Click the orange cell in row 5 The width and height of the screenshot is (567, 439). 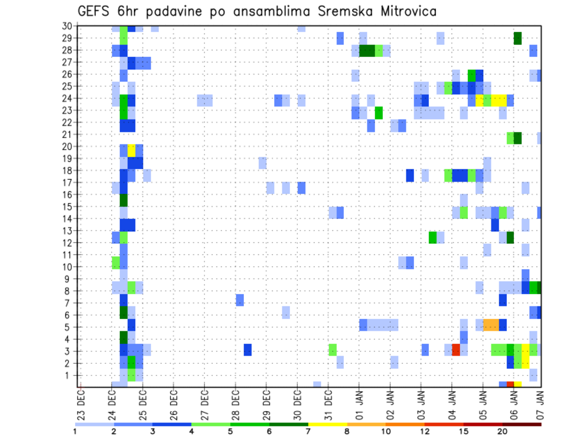click(491, 325)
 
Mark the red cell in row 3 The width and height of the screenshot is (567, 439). click(456, 350)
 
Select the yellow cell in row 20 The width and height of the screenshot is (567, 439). click(131, 150)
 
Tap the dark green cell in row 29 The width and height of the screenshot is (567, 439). click(518, 38)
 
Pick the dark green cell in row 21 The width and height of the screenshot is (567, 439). click(518, 138)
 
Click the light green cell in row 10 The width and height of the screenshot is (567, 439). click(116, 263)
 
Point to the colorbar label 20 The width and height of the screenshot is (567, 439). click(503, 431)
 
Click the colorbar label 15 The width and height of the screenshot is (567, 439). click(464, 431)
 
